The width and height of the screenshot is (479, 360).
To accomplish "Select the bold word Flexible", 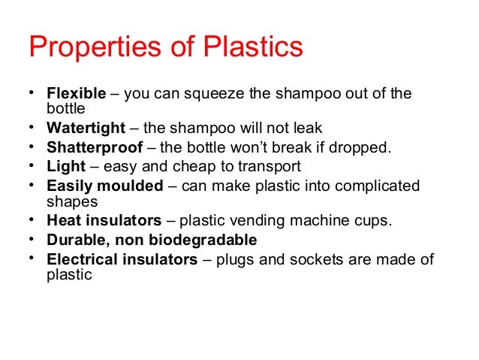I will tap(77, 94).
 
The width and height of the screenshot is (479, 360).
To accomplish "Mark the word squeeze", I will tap(204, 94).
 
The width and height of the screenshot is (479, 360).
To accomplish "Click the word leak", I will tap(308, 128).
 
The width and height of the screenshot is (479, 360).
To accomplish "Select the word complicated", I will tap(381, 186).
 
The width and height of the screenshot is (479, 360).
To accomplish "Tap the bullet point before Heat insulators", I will tap(32, 219).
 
